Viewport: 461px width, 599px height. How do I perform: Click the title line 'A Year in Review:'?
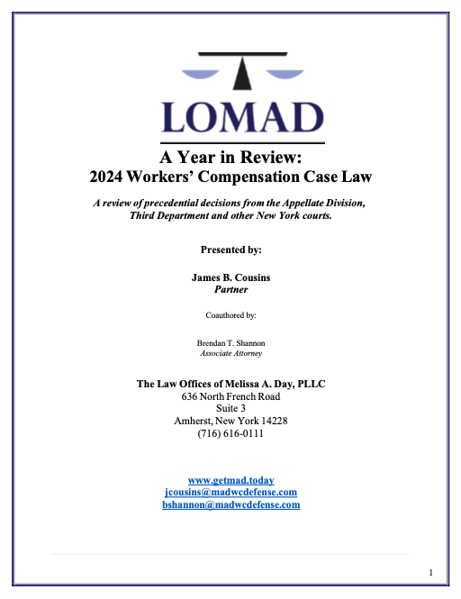tap(230, 155)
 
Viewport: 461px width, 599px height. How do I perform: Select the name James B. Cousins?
tap(230, 277)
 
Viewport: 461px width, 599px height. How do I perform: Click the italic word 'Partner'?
tap(230, 291)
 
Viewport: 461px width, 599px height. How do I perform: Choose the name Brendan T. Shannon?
tap(230, 343)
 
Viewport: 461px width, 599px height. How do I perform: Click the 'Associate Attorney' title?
tap(230, 355)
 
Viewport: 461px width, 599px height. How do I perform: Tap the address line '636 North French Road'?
tap(230, 396)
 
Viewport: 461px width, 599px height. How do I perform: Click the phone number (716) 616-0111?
tap(230, 434)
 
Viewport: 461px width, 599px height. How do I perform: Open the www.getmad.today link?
tap(230, 481)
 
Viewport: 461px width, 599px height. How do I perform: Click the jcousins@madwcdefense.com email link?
tap(230, 493)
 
